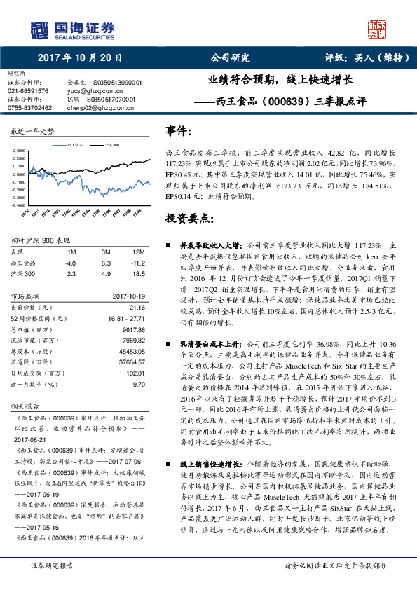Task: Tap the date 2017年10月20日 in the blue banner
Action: pyautogui.click(x=79, y=58)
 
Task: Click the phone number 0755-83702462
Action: pyautogui.click(x=30, y=108)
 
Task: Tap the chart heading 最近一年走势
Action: pyautogui.click(x=32, y=132)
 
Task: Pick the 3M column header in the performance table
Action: pyautogui.click(x=106, y=252)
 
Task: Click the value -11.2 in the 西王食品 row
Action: pyautogui.click(x=137, y=263)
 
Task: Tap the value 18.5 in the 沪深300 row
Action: pyautogui.click(x=138, y=274)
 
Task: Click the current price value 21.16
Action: pyautogui.click(x=137, y=307)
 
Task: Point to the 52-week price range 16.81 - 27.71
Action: pyautogui.click(x=125, y=317)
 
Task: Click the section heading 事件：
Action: pyautogui.click(x=178, y=132)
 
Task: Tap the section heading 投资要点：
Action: pyautogui.click(x=189, y=219)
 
